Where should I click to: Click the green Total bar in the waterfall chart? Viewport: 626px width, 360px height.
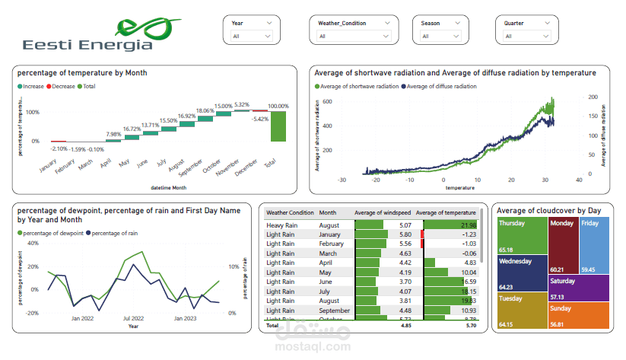coord(278,126)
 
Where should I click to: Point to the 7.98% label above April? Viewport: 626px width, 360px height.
coord(113,134)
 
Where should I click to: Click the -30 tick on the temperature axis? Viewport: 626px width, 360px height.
coord(342,180)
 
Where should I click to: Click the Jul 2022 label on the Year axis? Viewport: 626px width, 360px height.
coord(133,318)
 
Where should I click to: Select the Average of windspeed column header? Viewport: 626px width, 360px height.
coord(385,212)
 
